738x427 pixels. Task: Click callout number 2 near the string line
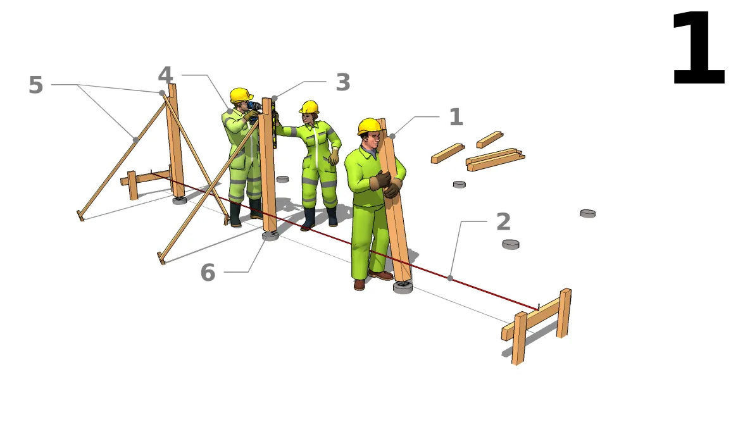click(x=503, y=222)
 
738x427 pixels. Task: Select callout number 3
click(x=342, y=83)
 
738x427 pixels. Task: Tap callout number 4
click(x=165, y=76)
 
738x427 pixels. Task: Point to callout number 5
click(x=35, y=85)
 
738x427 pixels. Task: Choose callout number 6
click(x=208, y=273)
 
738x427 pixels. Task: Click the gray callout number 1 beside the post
click(x=456, y=117)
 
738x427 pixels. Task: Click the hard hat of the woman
click(x=310, y=107)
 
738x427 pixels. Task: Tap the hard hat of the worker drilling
click(x=241, y=96)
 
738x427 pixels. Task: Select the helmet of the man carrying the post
click(x=369, y=126)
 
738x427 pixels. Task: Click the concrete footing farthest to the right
click(x=587, y=213)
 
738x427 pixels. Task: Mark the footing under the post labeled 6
click(x=270, y=236)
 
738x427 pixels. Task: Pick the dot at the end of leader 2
click(x=450, y=278)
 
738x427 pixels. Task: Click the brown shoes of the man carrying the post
click(x=373, y=278)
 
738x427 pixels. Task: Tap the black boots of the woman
click(x=320, y=218)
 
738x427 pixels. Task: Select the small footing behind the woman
click(x=282, y=179)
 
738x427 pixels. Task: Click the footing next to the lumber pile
click(x=459, y=184)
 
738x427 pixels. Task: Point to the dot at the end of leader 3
click(x=274, y=98)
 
